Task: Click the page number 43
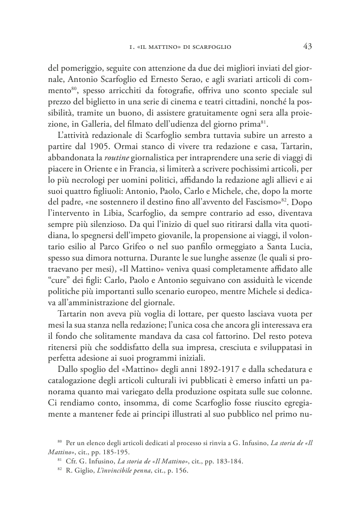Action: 307,47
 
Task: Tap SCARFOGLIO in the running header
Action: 211,47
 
